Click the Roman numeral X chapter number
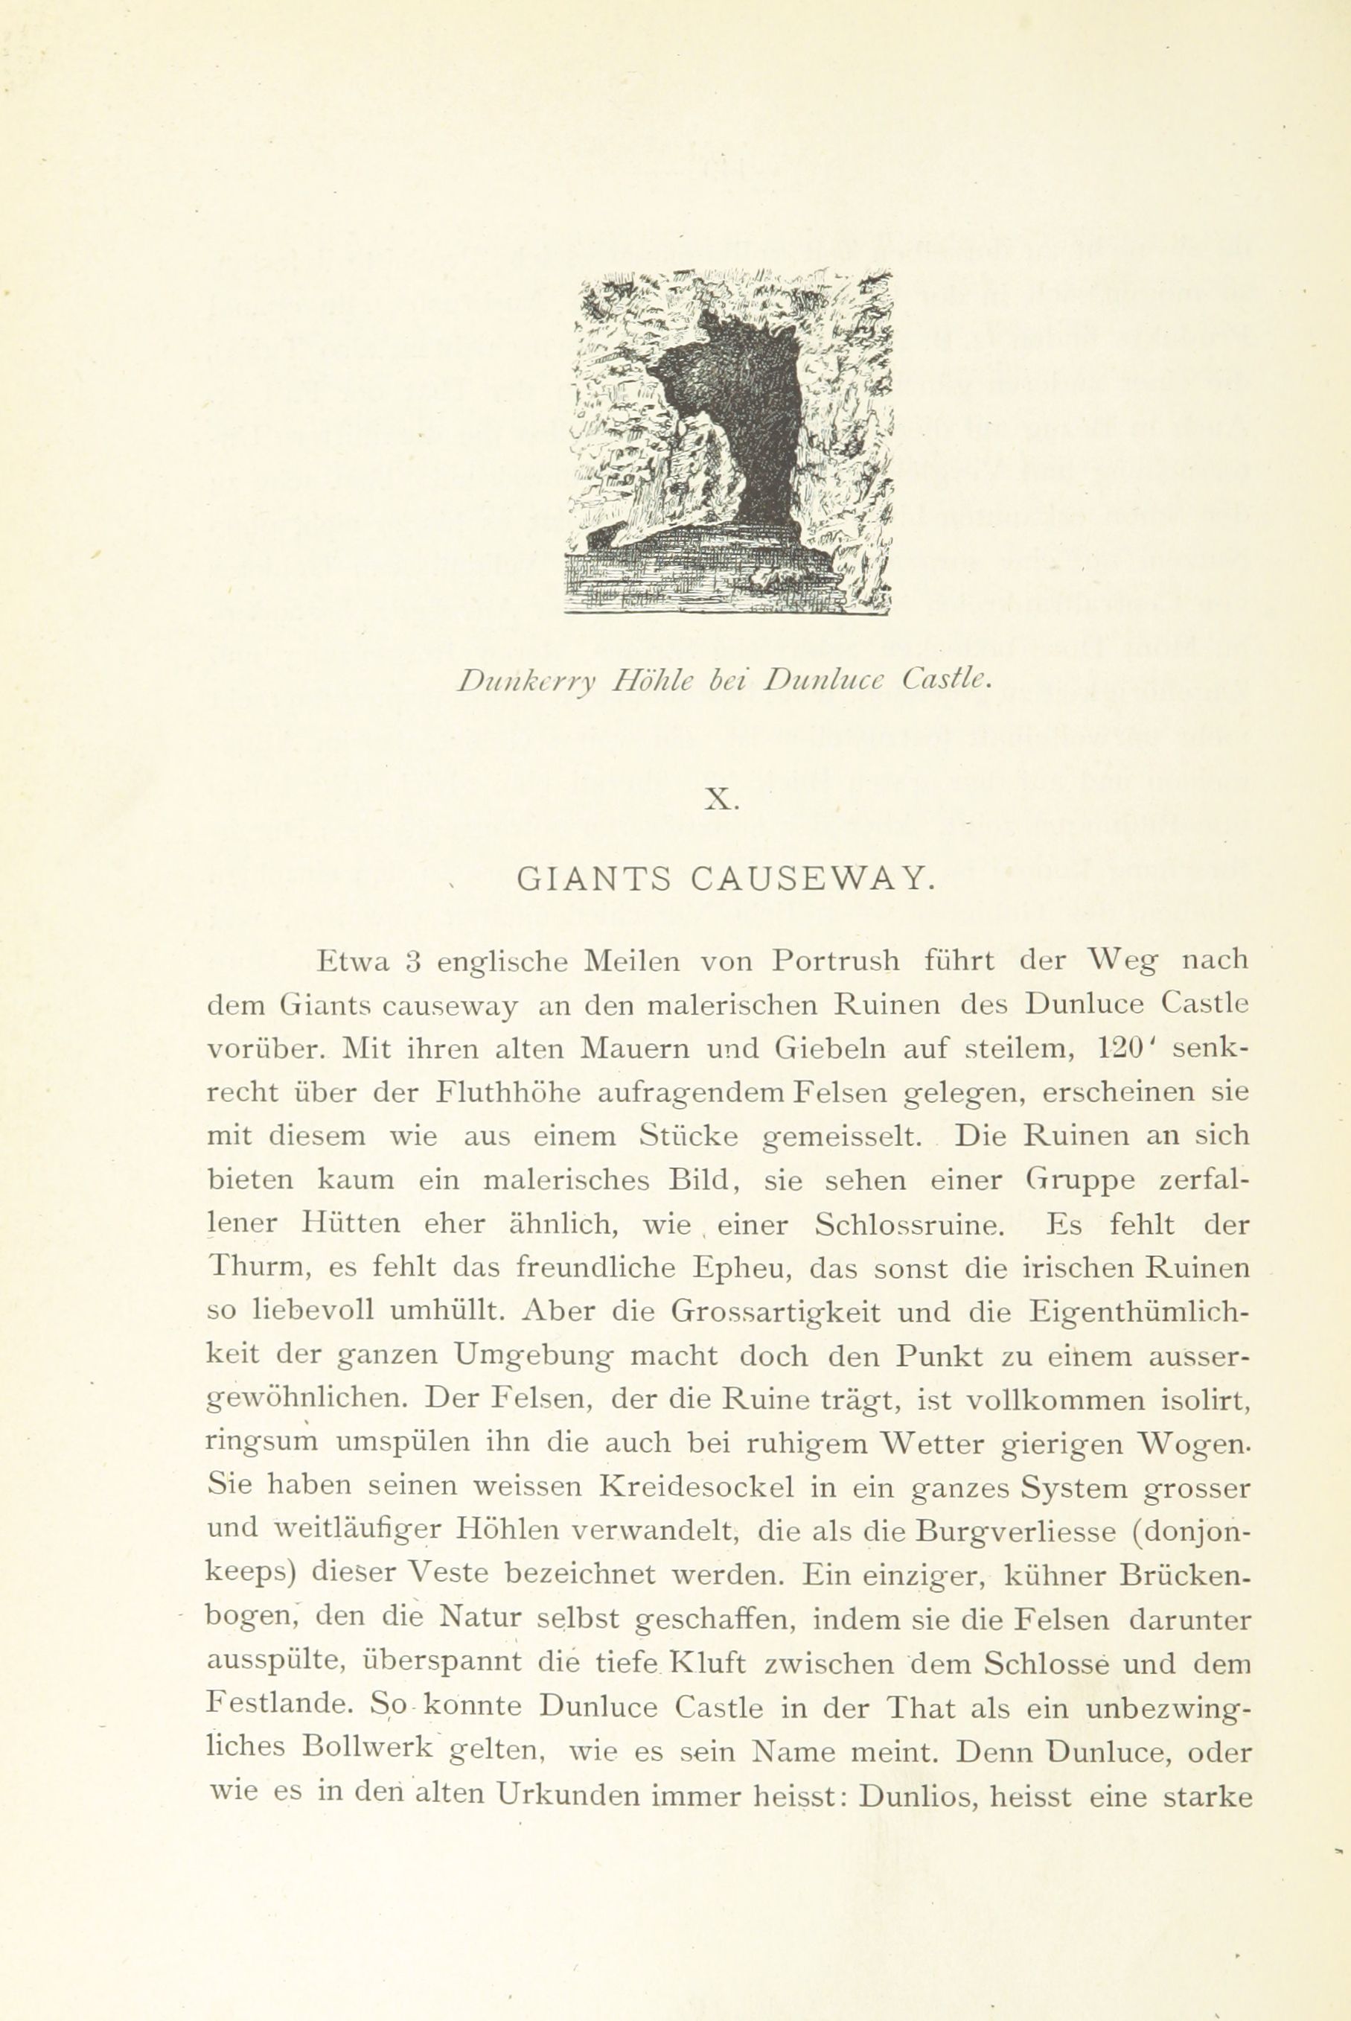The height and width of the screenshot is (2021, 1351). (721, 801)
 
